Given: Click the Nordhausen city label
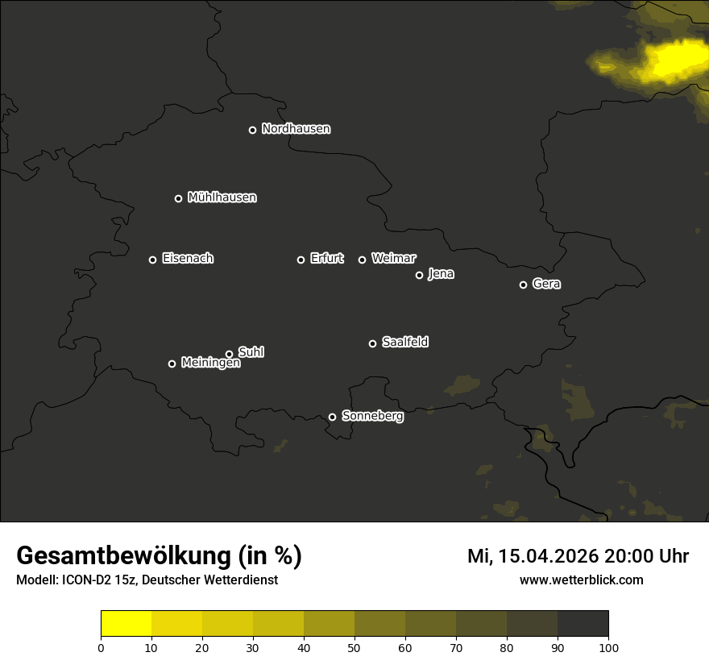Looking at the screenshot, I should click(296, 129).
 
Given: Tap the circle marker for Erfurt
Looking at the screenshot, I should click(301, 260).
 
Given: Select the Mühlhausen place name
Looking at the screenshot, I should click(222, 197).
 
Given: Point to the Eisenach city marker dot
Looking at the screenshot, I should click(152, 260).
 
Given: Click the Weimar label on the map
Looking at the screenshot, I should click(393, 259).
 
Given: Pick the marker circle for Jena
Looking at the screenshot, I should click(419, 275).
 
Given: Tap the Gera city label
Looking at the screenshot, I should click(546, 284).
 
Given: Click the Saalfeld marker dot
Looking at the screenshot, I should click(372, 343).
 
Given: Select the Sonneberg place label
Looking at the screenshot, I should click(372, 416).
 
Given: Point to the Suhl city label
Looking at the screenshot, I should click(251, 352).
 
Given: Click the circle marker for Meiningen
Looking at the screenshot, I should click(172, 364).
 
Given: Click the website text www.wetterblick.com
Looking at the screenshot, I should click(581, 580).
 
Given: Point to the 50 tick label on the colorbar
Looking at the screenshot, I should click(354, 647).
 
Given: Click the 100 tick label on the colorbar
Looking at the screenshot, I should click(608, 647).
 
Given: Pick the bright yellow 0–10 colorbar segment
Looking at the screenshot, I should click(126, 623).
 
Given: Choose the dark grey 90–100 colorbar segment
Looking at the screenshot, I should click(583, 623).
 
